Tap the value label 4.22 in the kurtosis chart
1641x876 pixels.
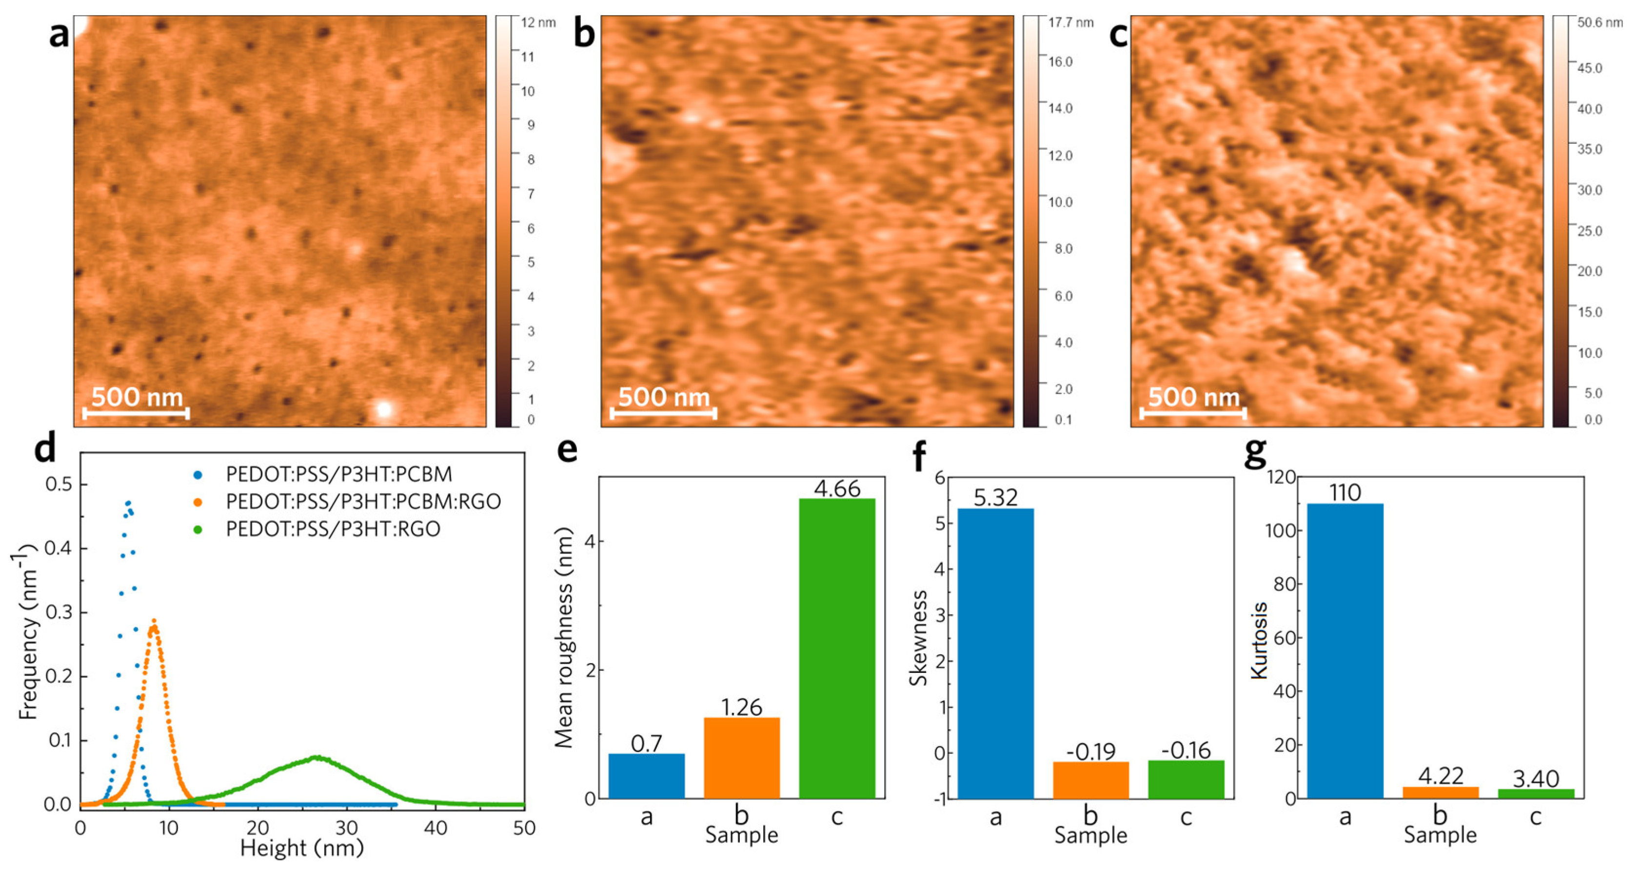click(x=1441, y=776)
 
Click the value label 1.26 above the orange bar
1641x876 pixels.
click(x=742, y=707)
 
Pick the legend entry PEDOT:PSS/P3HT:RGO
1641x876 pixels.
click(x=333, y=529)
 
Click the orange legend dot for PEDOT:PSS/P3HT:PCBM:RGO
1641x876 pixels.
click(x=198, y=502)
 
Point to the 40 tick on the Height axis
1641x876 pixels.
click(x=436, y=828)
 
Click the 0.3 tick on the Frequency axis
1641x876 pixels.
click(x=58, y=612)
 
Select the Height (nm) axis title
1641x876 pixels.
click(x=302, y=848)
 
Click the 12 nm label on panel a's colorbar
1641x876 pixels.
click(x=538, y=23)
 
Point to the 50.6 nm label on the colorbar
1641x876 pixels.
click(x=1600, y=23)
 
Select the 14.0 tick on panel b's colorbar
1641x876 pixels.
click(x=1060, y=108)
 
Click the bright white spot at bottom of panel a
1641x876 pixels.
click(x=383, y=409)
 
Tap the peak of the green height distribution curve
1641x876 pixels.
click(x=316, y=758)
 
